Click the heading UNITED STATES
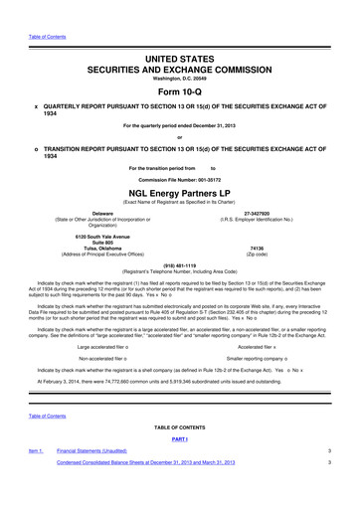[181, 34]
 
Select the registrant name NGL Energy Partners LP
[181, 192]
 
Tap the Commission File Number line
[180, 179]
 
